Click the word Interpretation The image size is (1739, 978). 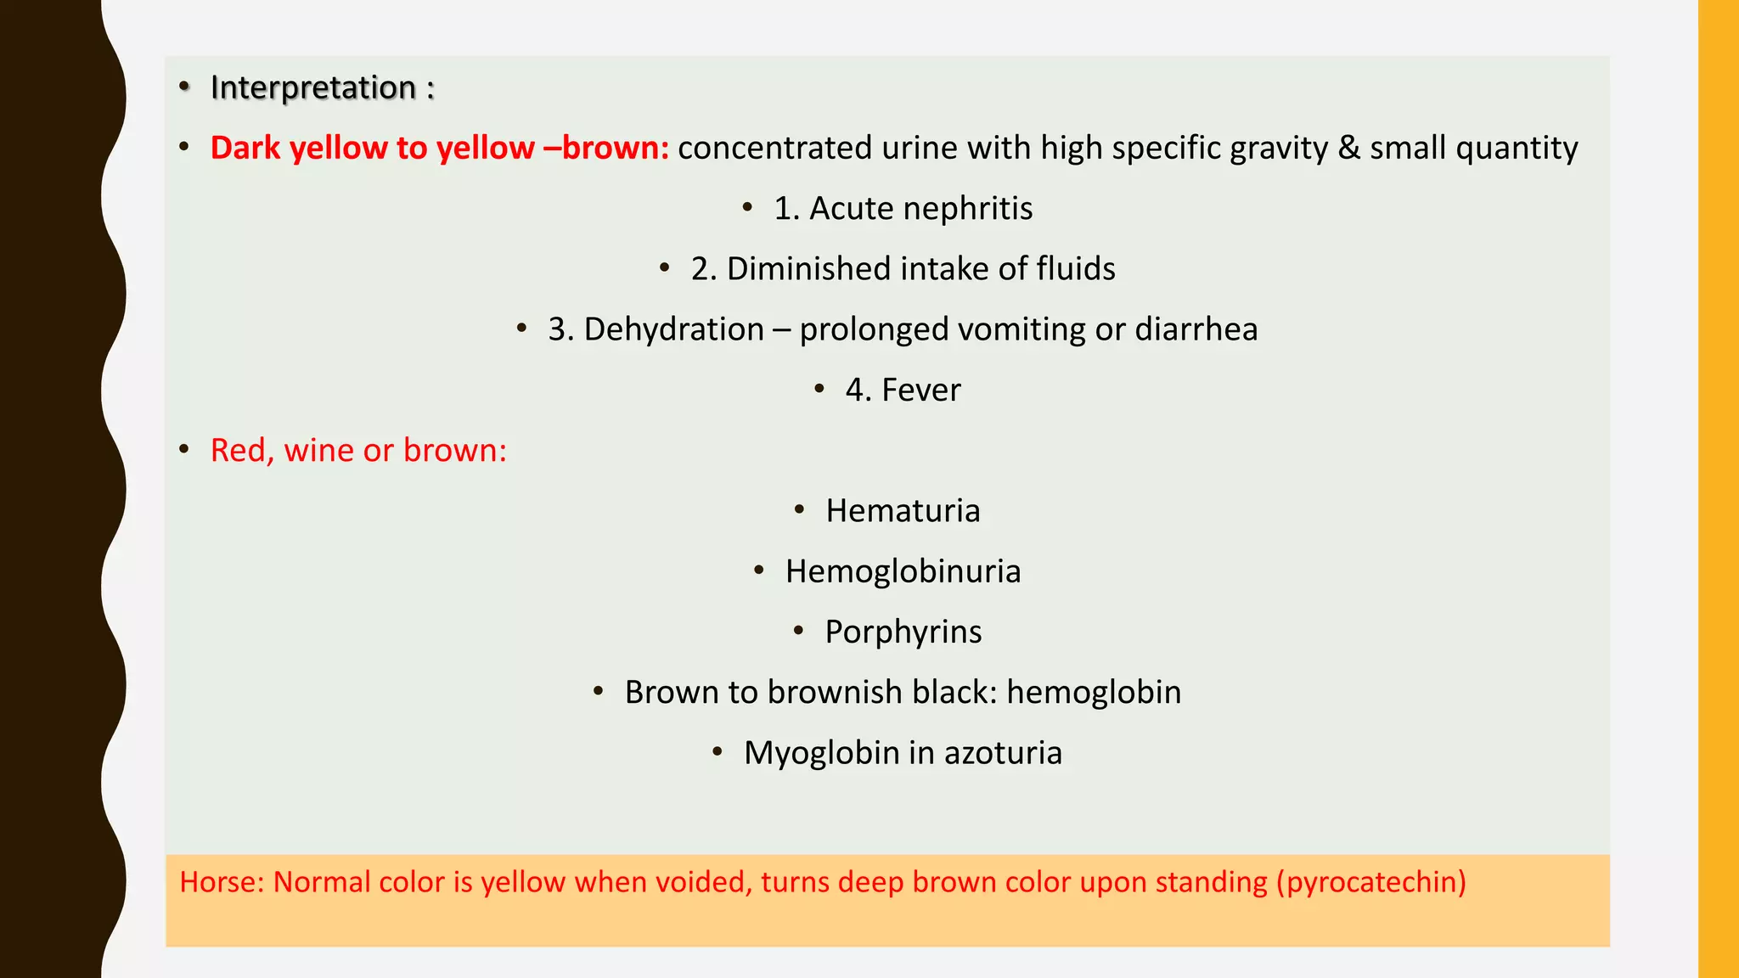[312, 87]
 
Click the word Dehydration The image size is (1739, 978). [673, 329]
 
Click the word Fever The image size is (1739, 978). [920, 391]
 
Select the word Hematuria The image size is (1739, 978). [903, 511]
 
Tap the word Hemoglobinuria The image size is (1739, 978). [903, 572]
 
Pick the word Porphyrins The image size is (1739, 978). [903, 632]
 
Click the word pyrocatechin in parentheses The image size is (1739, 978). [1371, 883]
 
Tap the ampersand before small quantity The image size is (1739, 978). [1348, 148]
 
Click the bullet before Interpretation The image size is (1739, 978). [184, 87]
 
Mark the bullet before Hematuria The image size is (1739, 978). [799, 510]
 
